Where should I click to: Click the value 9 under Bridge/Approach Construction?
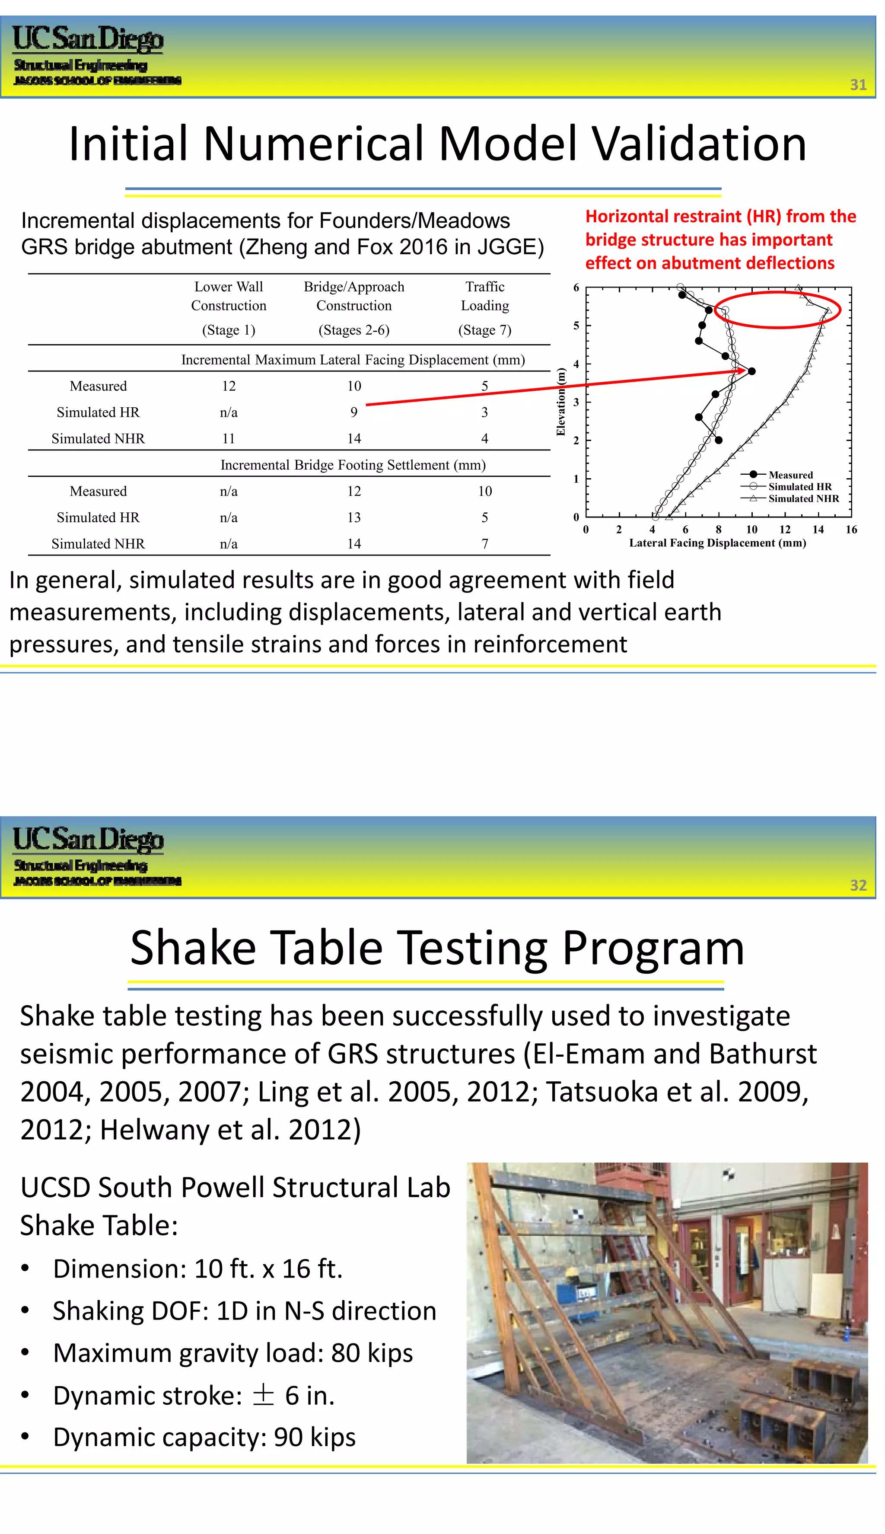tap(354, 412)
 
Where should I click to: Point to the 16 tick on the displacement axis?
tap(851, 530)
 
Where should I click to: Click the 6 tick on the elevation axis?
tap(576, 288)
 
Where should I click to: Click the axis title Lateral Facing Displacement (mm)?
tap(717, 543)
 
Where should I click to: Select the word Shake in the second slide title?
tap(193, 949)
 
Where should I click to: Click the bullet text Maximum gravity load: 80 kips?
tap(233, 1353)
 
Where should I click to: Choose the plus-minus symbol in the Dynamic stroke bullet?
tap(263, 1395)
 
